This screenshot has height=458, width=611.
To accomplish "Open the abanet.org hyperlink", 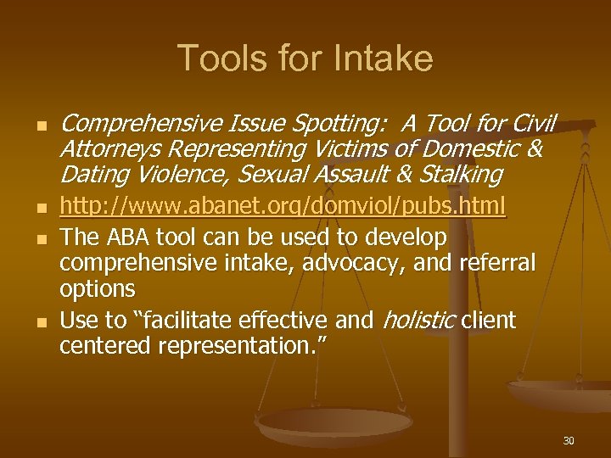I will (x=283, y=205).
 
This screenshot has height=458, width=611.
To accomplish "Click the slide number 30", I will (x=568, y=440).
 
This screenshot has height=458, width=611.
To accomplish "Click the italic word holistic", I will (x=419, y=320).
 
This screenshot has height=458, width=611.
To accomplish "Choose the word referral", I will (x=492, y=262).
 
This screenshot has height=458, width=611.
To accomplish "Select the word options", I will (x=97, y=288).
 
